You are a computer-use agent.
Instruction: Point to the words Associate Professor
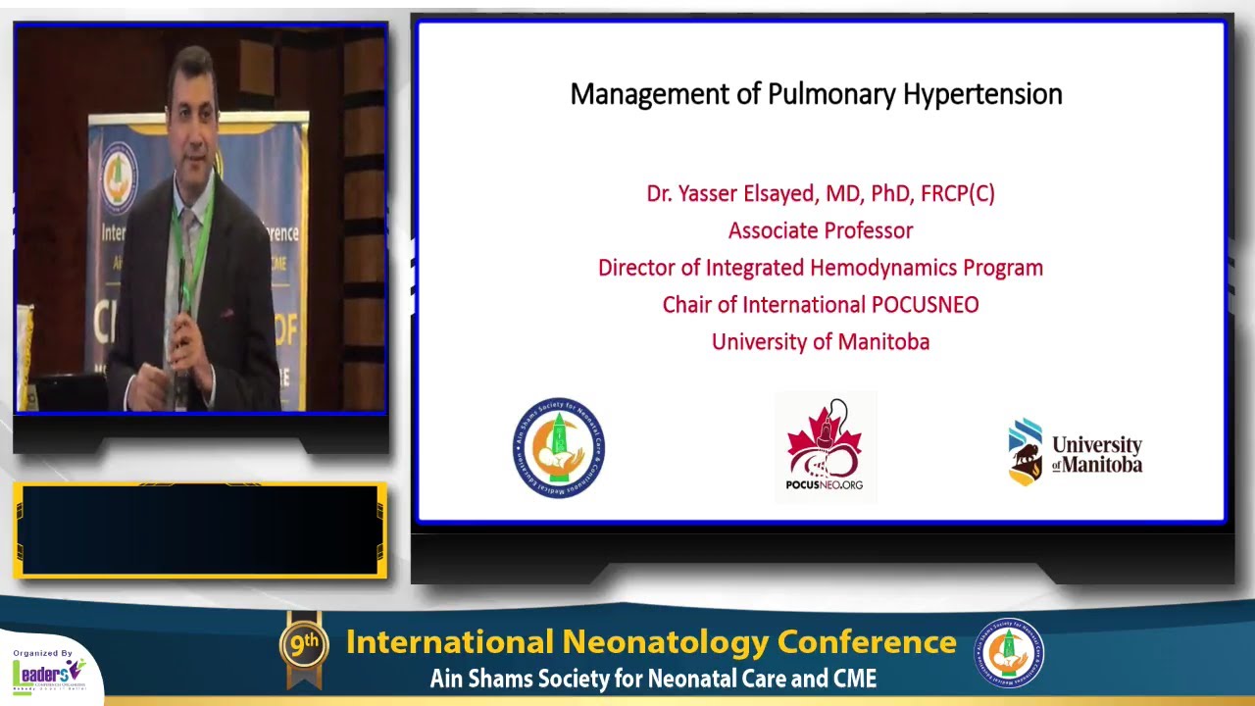(821, 231)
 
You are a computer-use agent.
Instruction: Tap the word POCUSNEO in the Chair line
(925, 305)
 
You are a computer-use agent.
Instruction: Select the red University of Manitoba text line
(821, 342)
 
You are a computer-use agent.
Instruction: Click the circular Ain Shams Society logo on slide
(559, 448)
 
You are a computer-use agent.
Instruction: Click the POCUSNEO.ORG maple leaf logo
(826, 447)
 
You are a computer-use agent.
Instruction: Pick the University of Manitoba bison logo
(1026, 452)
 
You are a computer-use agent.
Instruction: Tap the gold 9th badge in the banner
(304, 643)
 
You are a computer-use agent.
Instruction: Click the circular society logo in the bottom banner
(1008, 653)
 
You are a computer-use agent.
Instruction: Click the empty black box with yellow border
(200, 529)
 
